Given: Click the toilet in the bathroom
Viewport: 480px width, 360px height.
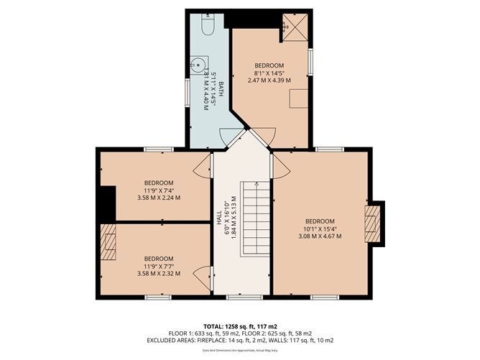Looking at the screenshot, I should [x=208, y=27].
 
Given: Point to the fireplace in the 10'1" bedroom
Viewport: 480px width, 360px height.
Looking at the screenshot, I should [x=371, y=225].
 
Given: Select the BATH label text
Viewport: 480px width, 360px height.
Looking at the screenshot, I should [x=221, y=91].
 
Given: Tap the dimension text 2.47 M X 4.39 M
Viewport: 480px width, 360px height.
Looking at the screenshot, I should [x=269, y=80].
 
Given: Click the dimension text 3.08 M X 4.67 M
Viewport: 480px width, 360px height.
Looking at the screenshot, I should [x=320, y=236].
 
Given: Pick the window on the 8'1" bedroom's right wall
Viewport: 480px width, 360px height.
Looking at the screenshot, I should [x=310, y=61].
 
